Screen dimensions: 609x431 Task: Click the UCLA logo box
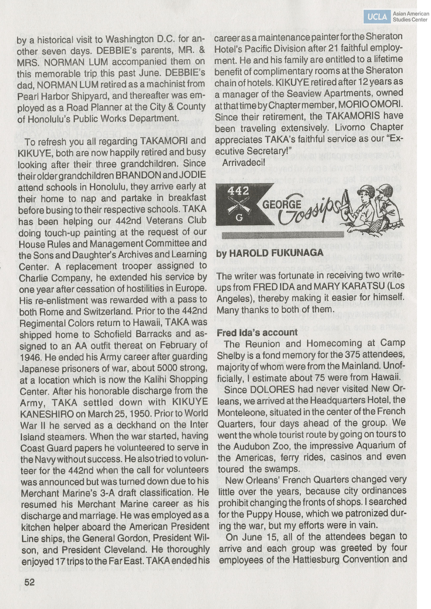(377, 17)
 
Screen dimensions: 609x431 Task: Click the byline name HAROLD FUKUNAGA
(276, 253)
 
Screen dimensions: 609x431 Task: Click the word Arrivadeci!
(244, 163)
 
